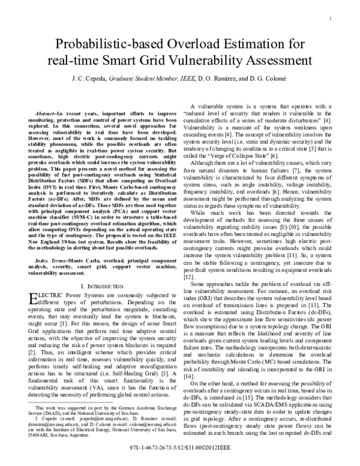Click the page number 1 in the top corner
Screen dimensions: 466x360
point(331,19)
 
